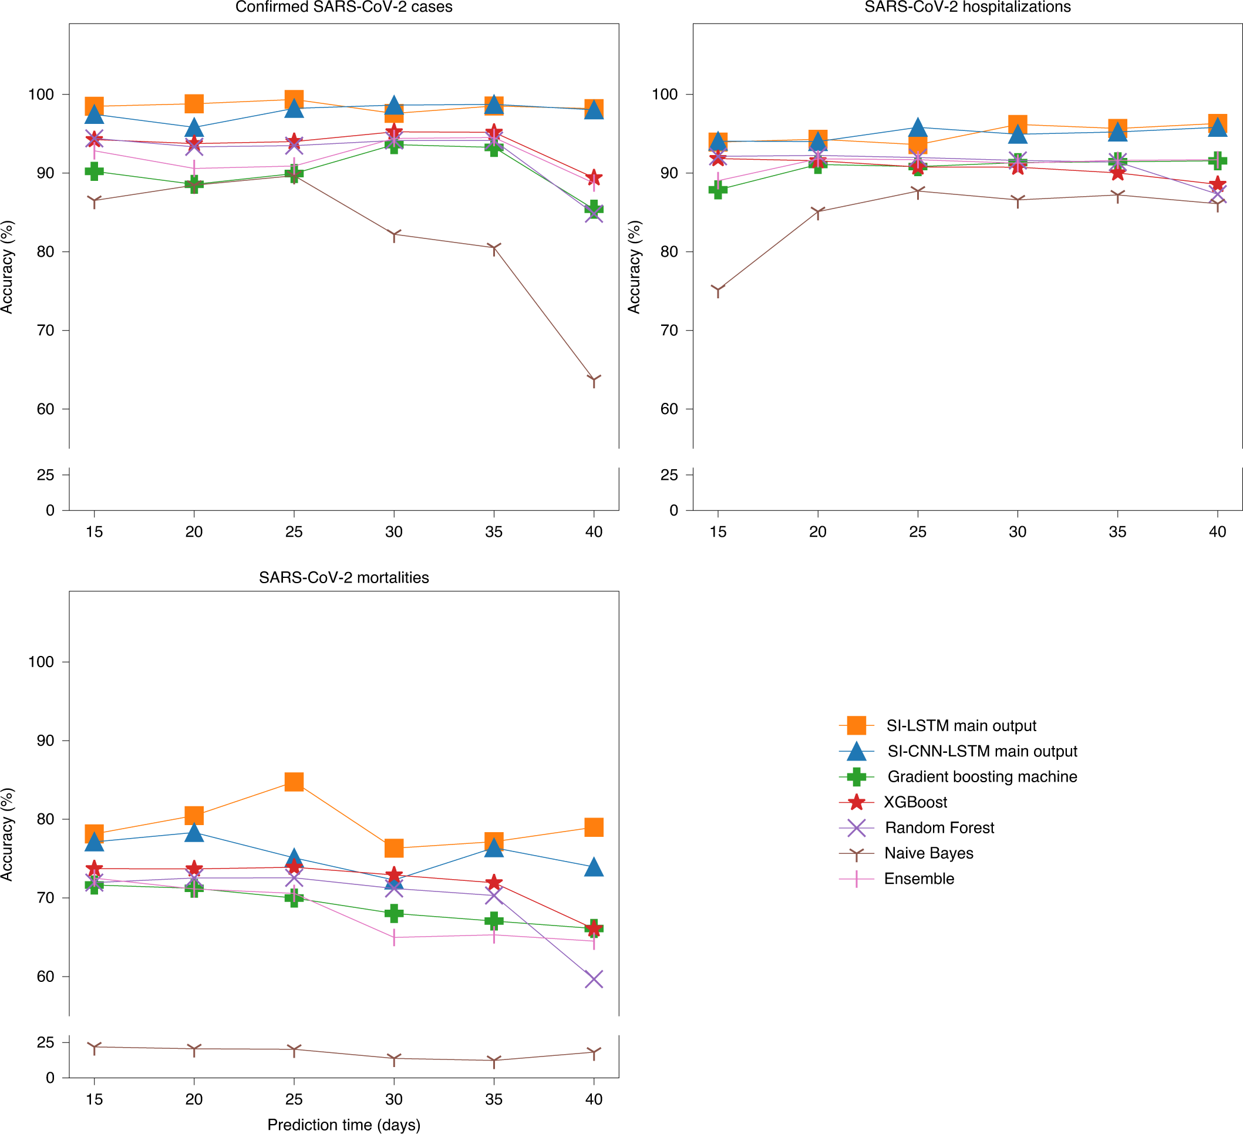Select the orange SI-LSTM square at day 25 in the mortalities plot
click(x=294, y=782)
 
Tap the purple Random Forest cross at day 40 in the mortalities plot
click(x=594, y=978)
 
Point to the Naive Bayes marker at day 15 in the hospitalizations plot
click(x=717, y=290)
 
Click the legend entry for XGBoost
click(x=915, y=802)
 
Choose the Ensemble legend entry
click(x=919, y=879)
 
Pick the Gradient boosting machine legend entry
click(x=982, y=777)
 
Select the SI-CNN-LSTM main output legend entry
click(x=982, y=751)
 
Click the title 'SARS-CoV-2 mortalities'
click(x=343, y=578)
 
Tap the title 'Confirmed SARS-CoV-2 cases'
click(x=343, y=8)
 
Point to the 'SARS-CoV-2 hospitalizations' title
click(x=968, y=8)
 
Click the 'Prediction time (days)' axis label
click(x=343, y=1125)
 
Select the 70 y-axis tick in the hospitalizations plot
click(x=668, y=331)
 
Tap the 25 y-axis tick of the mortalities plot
click(x=45, y=1043)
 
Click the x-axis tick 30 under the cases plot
click(x=393, y=531)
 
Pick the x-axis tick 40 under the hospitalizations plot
click(x=1217, y=531)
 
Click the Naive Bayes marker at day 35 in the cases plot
click(x=494, y=248)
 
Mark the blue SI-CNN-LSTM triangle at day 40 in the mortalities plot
click(x=594, y=867)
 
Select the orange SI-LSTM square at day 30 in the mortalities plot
click(x=394, y=848)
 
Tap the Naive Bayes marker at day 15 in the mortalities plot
click(x=95, y=1047)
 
